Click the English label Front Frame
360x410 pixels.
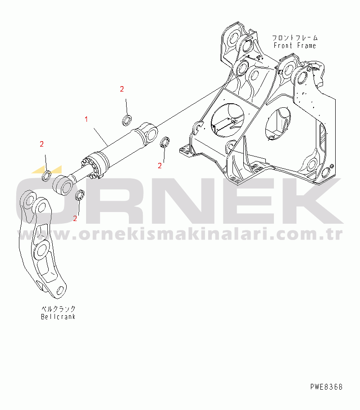click(295, 46)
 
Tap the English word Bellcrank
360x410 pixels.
click(58, 317)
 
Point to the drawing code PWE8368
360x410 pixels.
click(326, 387)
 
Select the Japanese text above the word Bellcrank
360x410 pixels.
click(58, 309)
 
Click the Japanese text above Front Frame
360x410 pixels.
click(295, 37)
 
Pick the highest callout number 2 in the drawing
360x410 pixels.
click(122, 89)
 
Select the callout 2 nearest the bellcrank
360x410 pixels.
click(75, 218)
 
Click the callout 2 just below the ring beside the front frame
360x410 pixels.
click(159, 166)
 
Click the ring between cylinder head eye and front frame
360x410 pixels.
click(165, 143)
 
